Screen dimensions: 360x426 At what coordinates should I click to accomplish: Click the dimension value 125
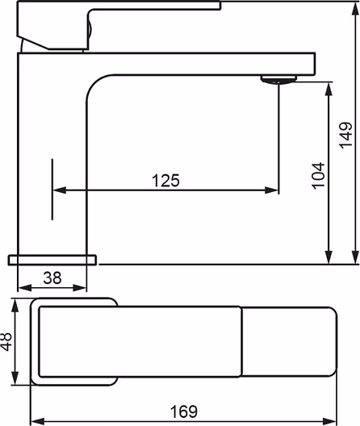click(165, 180)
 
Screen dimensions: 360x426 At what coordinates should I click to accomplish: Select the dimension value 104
click(318, 176)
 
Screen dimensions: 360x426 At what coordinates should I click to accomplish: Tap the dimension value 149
click(345, 135)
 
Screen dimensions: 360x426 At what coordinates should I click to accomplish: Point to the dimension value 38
click(52, 278)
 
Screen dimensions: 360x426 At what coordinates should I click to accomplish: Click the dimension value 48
click(6, 341)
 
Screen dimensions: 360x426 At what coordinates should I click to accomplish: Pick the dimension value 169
click(184, 411)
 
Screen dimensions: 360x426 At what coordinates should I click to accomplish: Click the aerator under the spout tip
click(278, 80)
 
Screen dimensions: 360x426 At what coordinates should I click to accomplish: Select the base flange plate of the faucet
click(52, 260)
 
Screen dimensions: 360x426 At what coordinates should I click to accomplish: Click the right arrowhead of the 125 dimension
click(271, 190)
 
